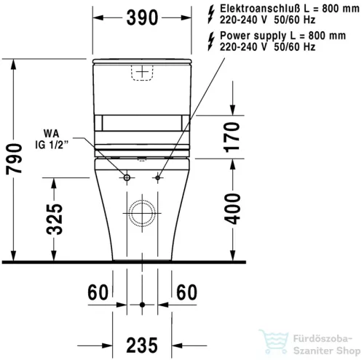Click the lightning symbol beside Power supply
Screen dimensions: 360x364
(x=212, y=40)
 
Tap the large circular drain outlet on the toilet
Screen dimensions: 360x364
(x=143, y=213)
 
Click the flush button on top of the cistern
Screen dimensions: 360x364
(x=143, y=71)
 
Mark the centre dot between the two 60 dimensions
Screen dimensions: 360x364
(x=143, y=303)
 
